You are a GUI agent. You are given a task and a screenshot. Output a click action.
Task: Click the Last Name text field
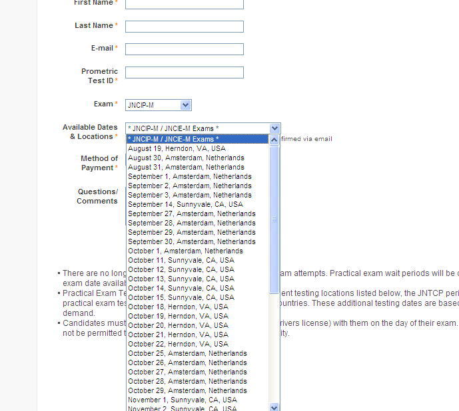click(184, 27)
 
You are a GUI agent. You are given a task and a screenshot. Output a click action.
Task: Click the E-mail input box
click(184, 49)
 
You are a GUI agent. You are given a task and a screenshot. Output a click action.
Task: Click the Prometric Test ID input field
click(184, 72)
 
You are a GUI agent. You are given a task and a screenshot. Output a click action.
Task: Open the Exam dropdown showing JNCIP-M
click(159, 105)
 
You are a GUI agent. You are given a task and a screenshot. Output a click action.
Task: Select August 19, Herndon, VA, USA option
click(177, 148)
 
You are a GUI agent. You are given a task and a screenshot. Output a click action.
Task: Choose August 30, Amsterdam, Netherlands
click(186, 158)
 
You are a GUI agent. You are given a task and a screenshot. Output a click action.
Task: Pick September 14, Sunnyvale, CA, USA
click(185, 204)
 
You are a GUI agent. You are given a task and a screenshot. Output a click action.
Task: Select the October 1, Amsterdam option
click(185, 251)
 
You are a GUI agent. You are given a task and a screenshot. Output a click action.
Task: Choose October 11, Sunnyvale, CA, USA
click(181, 260)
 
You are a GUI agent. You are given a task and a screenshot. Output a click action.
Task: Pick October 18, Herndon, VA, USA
click(178, 307)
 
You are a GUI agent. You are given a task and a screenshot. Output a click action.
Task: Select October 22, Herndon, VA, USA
click(178, 344)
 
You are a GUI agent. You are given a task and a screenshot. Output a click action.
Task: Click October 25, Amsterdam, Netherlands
click(187, 353)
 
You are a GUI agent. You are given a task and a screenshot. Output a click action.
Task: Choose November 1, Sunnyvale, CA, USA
click(182, 400)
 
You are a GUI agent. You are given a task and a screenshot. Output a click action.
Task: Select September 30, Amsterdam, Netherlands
click(191, 241)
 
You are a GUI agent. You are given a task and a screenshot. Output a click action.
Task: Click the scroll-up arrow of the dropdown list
click(274, 140)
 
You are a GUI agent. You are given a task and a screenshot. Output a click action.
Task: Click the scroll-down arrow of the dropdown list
click(274, 406)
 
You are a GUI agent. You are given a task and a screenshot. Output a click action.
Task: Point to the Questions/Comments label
click(97, 196)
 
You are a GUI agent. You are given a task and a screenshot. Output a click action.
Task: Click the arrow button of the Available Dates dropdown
click(275, 128)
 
